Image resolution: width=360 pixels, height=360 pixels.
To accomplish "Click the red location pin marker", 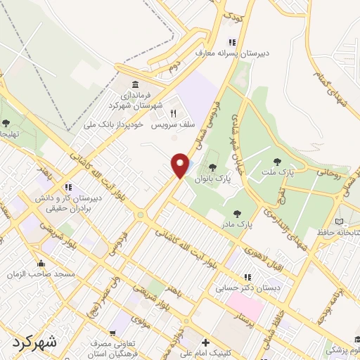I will click(181, 165).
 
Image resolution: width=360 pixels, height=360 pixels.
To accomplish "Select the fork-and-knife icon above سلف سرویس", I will click(171, 112).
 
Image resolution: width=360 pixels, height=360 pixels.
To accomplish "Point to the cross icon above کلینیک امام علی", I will click(205, 345).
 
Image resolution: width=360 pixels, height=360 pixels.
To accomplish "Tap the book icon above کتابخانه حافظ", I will click(340, 221).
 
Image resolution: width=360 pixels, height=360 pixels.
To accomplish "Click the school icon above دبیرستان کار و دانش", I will click(68, 188).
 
